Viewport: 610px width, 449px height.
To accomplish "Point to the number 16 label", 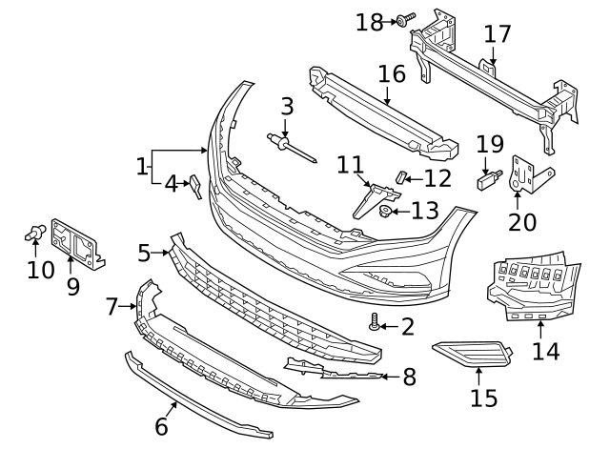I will pyautogui.click(x=391, y=73).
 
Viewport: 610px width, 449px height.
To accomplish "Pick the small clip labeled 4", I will pyautogui.click(x=194, y=187).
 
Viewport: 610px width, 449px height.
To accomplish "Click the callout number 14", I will pyautogui.click(x=545, y=351).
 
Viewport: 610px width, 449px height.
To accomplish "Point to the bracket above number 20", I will pyautogui.click(x=523, y=173).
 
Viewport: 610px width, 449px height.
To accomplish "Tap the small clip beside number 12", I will pyautogui.click(x=401, y=177).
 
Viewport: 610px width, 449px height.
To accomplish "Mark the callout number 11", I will pyautogui.click(x=351, y=165).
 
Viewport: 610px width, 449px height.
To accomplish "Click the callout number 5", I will pyautogui.click(x=144, y=253).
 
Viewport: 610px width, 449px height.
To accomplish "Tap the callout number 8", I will pyautogui.click(x=409, y=377).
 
